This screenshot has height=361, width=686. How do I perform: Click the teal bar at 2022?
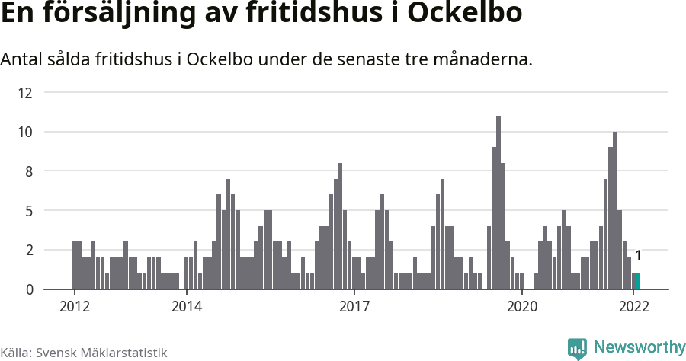[x=638, y=281]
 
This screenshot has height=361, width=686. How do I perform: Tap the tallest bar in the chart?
[x=498, y=203]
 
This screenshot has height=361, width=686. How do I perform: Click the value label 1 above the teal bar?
[x=638, y=256]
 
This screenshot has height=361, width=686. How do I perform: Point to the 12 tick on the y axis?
[x=25, y=93]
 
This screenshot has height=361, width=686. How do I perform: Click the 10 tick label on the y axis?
[x=25, y=132]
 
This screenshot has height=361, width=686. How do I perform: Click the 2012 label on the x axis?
[x=74, y=307]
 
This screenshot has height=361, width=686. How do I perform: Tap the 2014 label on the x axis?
[x=186, y=307]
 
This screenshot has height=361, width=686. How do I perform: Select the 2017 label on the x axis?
[x=354, y=307]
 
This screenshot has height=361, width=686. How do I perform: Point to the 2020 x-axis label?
[x=522, y=307]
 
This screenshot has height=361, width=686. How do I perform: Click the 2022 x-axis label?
[x=634, y=307]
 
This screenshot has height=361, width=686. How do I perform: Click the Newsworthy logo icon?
[x=577, y=348]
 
